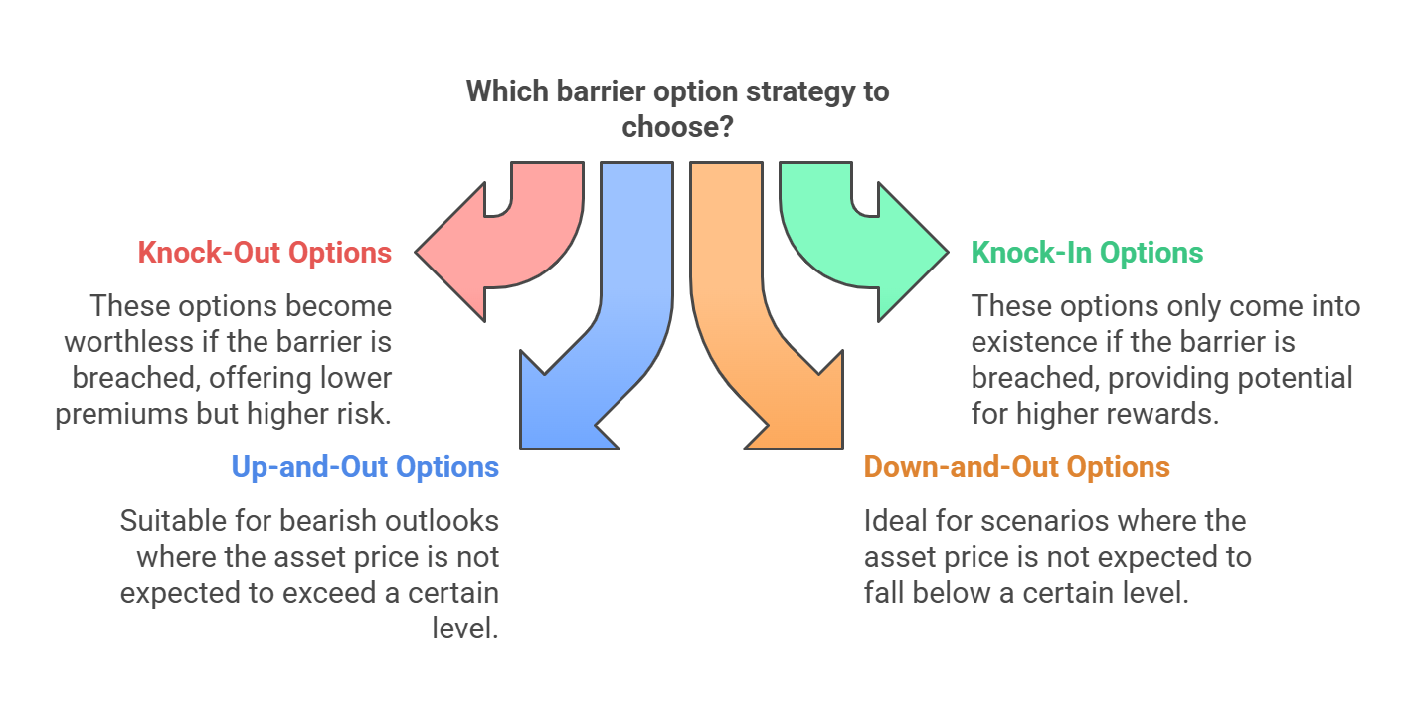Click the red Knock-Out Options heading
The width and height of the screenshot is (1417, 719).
click(265, 253)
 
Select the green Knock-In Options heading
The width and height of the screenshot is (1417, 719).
click(1087, 253)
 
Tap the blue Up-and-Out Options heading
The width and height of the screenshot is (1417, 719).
click(365, 467)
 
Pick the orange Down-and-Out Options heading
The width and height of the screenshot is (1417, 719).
click(1016, 467)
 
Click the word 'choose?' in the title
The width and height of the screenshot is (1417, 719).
click(677, 127)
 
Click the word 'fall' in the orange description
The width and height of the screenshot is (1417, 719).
click(884, 593)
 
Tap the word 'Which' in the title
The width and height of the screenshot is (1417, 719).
click(507, 91)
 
